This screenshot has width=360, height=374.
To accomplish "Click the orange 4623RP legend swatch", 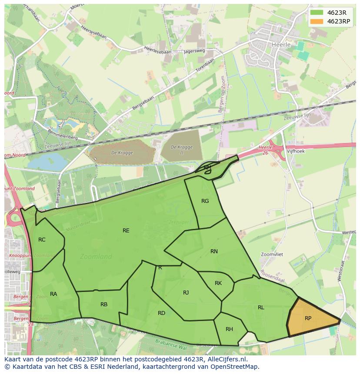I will click(x=317, y=21).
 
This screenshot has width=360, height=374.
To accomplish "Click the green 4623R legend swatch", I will click(x=317, y=13).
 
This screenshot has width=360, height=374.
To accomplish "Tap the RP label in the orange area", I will click(x=308, y=318).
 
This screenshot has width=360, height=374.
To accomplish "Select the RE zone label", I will click(x=126, y=231).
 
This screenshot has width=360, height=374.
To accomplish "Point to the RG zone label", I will click(x=205, y=201).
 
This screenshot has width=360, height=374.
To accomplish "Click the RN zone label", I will click(x=214, y=252).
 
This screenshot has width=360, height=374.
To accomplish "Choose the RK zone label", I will click(x=218, y=283).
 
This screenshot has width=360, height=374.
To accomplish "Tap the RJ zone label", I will click(x=186, y=293).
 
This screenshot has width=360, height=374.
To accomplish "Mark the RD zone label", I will click(x=161, y=313).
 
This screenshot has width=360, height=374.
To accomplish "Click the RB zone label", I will click(x=104, y=304).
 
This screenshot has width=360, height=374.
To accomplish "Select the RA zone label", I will click(x=53, y=294).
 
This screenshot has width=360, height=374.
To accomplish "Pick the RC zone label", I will click(x=42, y=240).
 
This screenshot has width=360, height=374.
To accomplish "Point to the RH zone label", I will click(x=229, y=329).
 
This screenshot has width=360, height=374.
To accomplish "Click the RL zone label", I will click(x=261, y=308).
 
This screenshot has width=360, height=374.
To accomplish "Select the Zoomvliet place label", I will click(x=272, y=254).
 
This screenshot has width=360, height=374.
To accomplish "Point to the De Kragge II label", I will click(x=181, y=150).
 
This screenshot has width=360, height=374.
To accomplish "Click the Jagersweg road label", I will click(x=193, y=51).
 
